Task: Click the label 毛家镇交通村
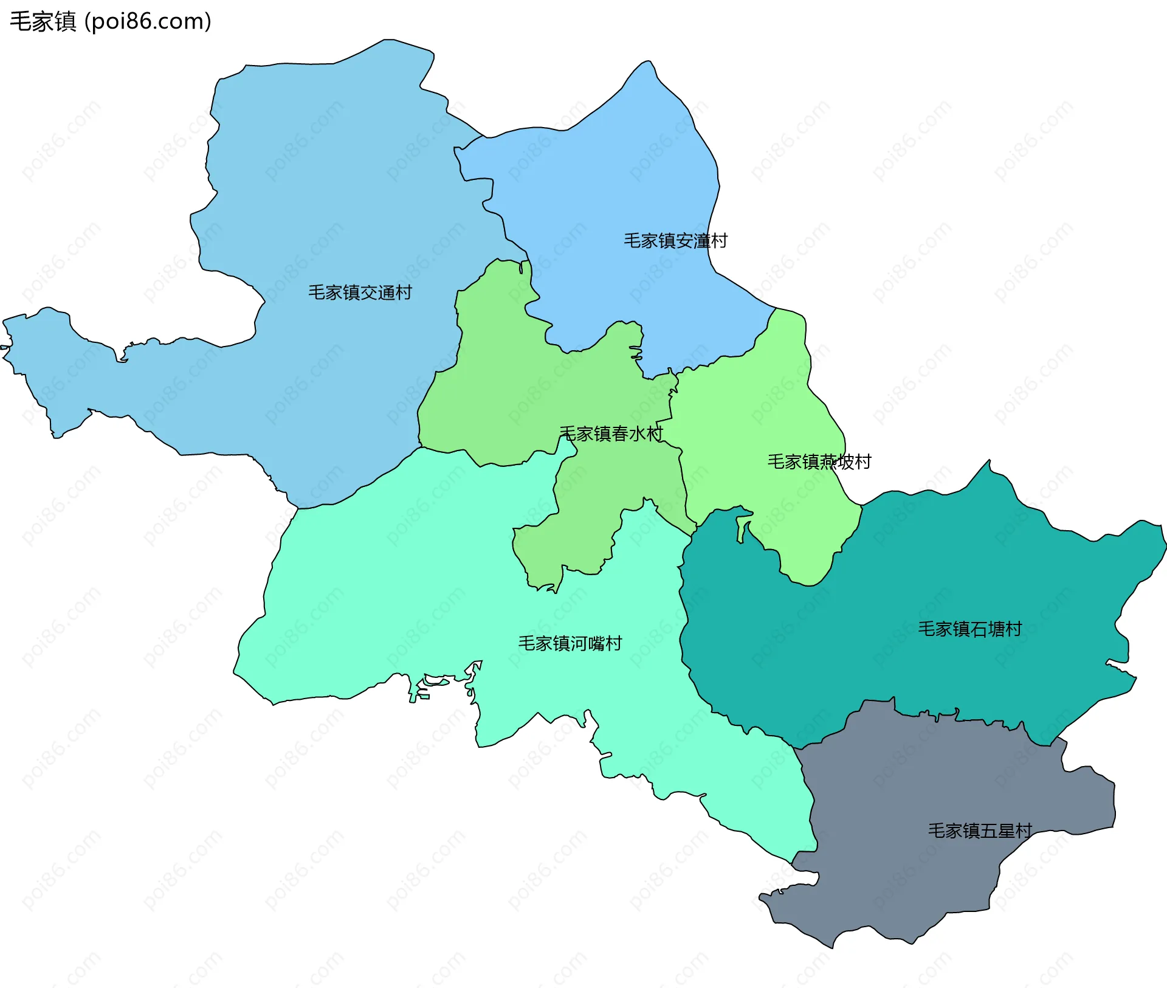pyautogui.click(x=360, y=292)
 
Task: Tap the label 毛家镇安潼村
pyautogui.click(x=675, y=241)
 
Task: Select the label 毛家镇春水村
pyautogui.click(x=611, y=434)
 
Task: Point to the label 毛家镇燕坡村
pyautogui.click(x=819, y=461)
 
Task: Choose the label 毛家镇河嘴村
pyautogui.click(x=570, y=643)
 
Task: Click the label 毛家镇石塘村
pyautogui.click(x=969, y=629)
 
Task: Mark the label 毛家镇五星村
pyautogui.click(x=980, y=831)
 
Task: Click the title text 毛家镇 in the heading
pyautogui.click(x=43, y=21)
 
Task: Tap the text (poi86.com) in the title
pyautogui.click(x=148, y=21)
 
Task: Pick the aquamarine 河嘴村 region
pyautogui.click(x=425, y=578)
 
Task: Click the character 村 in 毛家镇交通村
pyautogui.click(x=404, y=292)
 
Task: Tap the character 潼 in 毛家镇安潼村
pyautogui.click(x=701, y=241)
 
